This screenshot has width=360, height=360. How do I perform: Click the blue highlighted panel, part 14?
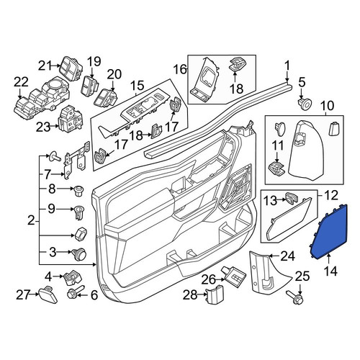tap(329, 233)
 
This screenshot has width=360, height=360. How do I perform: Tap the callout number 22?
tap(21, 82)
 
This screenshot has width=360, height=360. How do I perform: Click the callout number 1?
tap(287, 67)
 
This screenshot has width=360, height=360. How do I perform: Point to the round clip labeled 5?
tap(305, 103)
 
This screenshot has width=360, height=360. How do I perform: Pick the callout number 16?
tap(181, 70)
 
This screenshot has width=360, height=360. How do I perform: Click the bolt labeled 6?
tap(76, 292)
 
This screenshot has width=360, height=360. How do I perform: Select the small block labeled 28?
tap(215, 294)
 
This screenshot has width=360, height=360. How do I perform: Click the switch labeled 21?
tap(71, 68)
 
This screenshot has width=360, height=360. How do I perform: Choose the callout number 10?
tap(327, 106)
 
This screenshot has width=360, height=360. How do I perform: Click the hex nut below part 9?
tap(81, 233)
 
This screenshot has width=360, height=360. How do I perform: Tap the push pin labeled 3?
tap(79, 254)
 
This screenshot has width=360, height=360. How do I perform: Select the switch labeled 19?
tap(91, 85)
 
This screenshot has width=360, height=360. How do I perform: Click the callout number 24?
tap(288, 257)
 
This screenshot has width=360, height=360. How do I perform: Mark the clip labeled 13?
tap(291, 198)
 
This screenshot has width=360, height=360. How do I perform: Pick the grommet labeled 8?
tap(78, 191)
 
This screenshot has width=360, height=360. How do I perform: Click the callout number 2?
tap(31, 220)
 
